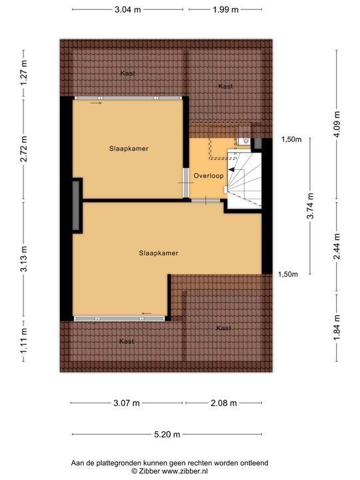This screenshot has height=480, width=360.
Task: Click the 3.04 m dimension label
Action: [x=127, y=9]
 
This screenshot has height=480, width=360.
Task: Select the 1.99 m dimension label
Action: [x=225, y=9]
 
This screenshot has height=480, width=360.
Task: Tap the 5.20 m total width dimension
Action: [x=167, y=434]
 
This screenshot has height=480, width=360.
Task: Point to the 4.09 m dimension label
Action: [x=337, y=124]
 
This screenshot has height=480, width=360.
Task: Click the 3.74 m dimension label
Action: [x=310, y=206]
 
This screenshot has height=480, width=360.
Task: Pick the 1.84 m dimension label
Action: [x=337, y=327]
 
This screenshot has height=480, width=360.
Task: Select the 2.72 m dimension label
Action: [x=23, y=149]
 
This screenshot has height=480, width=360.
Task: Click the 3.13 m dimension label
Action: [x=23, y=259]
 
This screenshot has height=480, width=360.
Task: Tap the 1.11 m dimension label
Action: [x=23, y=341]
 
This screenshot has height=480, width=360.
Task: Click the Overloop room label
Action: [x=209, y=176]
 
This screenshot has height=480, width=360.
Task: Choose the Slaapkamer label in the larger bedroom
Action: [x=159, y=253]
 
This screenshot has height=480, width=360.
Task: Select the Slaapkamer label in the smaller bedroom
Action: [x=129, y=149]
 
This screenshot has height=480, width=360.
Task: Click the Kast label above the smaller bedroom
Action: [x=127, y=73]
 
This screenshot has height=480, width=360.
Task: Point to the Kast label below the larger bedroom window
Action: [x=127, y=341]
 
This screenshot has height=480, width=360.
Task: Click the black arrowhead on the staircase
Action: [x=231, y=169]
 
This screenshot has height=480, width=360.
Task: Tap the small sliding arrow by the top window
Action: [x=96, y=103]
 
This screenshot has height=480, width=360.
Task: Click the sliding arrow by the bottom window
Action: [x=147, y=313]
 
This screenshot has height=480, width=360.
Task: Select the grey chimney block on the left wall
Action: [x=76, y=205]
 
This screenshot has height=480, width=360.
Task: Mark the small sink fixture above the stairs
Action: [x=243, y=141]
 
